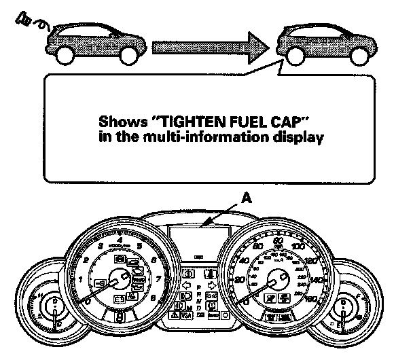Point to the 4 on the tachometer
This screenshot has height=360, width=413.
(120, 240)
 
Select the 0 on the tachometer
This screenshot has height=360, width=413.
(87, 300)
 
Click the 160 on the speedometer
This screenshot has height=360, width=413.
(313, 297)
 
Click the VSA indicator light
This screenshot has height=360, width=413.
(184, 316)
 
